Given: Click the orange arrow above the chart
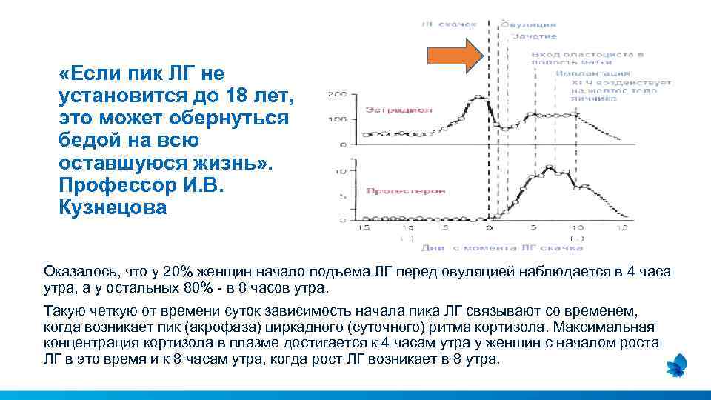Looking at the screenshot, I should pyautogui.click(x=455, y=57).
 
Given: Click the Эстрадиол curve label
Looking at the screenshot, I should pyautogui.click(x=388, y=110).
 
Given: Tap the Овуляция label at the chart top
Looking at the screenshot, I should pyautogui.click(x=529, y=24).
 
